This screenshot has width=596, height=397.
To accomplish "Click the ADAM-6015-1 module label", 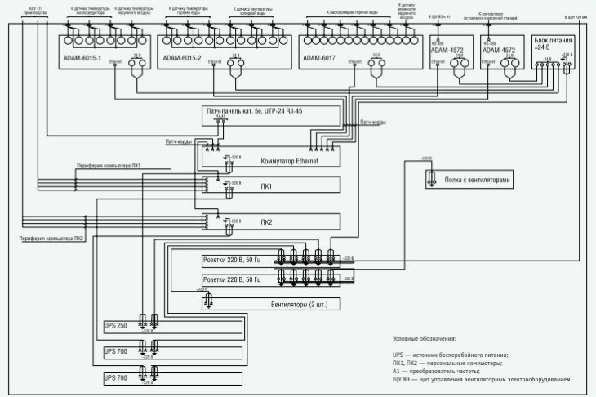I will (x=82, y=58).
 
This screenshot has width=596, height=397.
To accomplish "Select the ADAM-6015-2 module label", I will (x=181, y=58).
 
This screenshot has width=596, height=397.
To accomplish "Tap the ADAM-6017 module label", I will (x=319, y=58).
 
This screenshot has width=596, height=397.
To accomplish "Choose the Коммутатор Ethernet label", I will (x=289, y=161).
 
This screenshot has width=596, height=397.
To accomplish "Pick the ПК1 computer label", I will (x=267, y=185).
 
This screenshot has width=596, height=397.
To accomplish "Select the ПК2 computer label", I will (x=267, y=221).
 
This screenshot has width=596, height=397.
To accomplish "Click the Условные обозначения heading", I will (x=425, y=338).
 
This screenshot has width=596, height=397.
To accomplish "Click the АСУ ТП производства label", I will (x=37, y=10).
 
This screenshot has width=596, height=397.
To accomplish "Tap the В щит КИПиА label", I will (x=576, y=16).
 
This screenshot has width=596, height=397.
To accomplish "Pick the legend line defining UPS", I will (x=450, y=355).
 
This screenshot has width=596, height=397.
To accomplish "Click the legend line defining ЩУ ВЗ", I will (x=482, y=379).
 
